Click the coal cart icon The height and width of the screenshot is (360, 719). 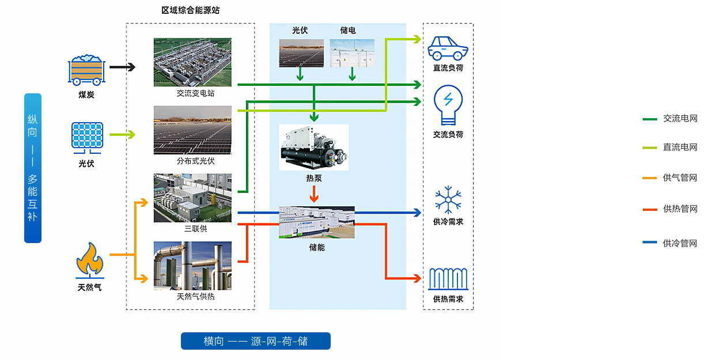pyautogui.click(x=86, y=70)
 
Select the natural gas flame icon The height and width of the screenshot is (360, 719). pyautogui.click(x=90, y=260)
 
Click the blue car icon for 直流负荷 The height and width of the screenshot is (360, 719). pyautogui.click(x=448, y=48)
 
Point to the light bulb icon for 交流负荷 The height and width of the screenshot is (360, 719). pyautogui.click(x=448, y=105)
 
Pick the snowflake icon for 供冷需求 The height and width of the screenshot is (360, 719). pyautogui.click(x=448, y=200)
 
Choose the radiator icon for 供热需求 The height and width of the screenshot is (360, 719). pyautogui.click(x=448, y=279)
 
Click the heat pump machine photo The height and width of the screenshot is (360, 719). pyautogui.click(x=314, y=147)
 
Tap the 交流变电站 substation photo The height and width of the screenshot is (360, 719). pyautogui.click(x=192, y=62)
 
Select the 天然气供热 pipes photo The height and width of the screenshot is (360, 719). pyautogui.click(x=192, y=266)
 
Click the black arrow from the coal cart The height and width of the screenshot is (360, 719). pyautogui.click(x=122, y=67)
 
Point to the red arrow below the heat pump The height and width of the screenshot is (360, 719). pyautogui.click(x=314, y=194)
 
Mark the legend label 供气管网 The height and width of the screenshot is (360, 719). pyautogui.click(x=680, y=177)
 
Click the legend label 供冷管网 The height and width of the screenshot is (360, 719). pyautogui.click(x=680, y=243)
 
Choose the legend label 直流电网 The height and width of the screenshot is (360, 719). pyautogui.click(x=680, y=147)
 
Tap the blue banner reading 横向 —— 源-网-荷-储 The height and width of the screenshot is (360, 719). pyautogui.click(x=256, y=341)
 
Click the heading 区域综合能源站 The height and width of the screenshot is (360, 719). pyautogui.click(x=191, y=10)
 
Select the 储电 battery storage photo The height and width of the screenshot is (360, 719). pyautogui.click(x=352, y=53)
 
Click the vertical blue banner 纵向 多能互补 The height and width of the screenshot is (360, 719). pyautogui.click(x=33, y=168)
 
